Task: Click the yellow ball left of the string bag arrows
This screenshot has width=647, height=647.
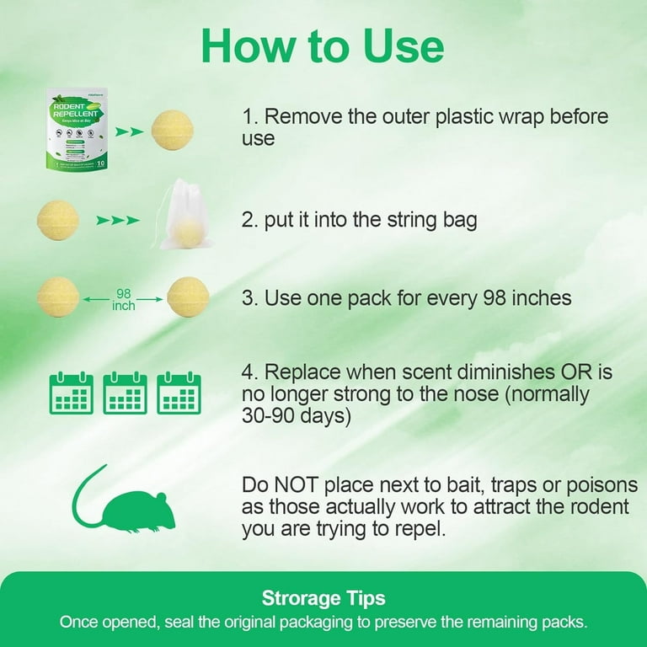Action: pos(58,221)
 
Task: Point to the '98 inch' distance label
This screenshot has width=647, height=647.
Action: pos(124,297)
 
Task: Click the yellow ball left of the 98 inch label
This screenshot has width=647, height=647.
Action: pos(58,297)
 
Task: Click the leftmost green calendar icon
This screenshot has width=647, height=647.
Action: pos(71,393)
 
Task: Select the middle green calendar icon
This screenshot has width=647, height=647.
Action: pos(125,393)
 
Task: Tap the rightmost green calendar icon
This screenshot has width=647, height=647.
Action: pos(179,393)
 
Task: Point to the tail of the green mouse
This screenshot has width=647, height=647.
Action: pos(83,501)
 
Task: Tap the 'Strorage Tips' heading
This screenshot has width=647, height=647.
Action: pos(323,598)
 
